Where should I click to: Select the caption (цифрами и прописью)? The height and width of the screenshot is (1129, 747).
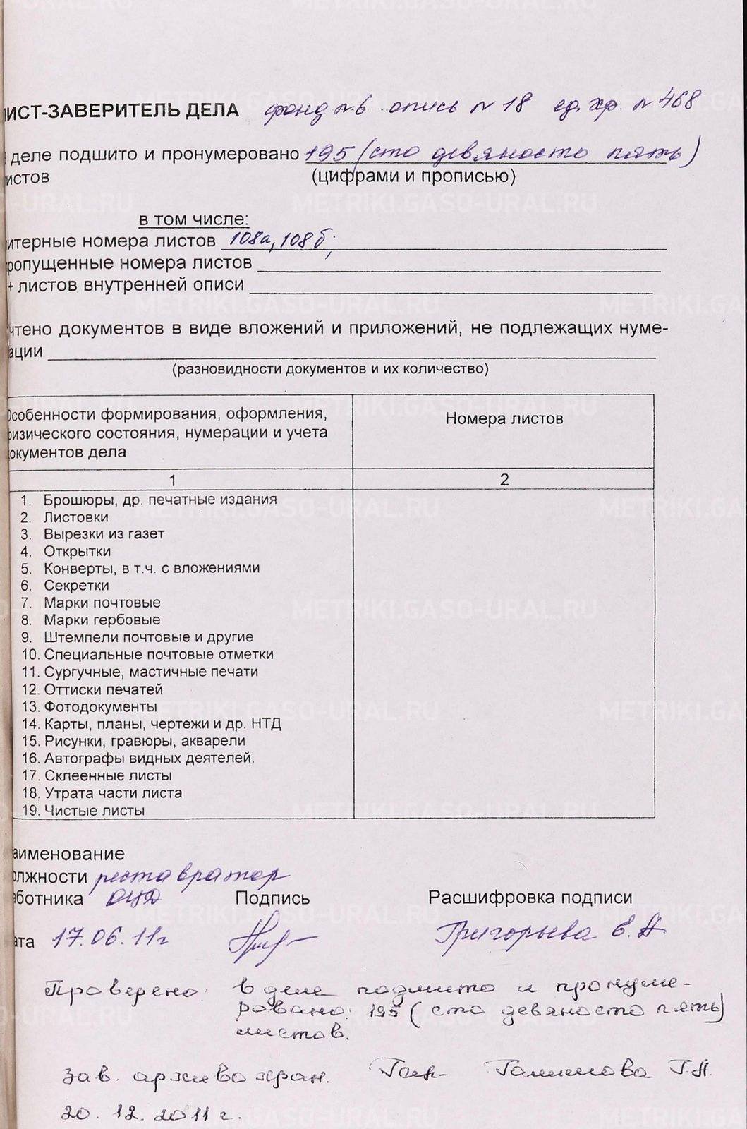(x=413, y=176)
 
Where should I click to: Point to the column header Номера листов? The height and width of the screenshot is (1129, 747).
(x=504, y=419)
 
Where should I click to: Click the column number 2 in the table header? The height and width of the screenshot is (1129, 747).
(x=504, y=480)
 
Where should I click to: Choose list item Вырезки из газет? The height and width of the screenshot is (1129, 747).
(x=104, y=534)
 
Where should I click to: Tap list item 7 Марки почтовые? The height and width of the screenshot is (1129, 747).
(x=102, y=603)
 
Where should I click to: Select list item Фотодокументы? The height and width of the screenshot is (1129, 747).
(x=100, y=706)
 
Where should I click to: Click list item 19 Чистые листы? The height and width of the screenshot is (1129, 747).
(x=94, y=811)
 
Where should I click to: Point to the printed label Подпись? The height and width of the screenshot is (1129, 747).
(x=272, y=898)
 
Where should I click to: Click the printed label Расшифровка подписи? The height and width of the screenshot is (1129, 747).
(x=530, y=898)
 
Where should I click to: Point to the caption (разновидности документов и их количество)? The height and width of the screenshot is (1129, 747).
(x=329, y=369)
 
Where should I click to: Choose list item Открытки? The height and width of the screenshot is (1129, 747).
(x=77, y=551)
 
